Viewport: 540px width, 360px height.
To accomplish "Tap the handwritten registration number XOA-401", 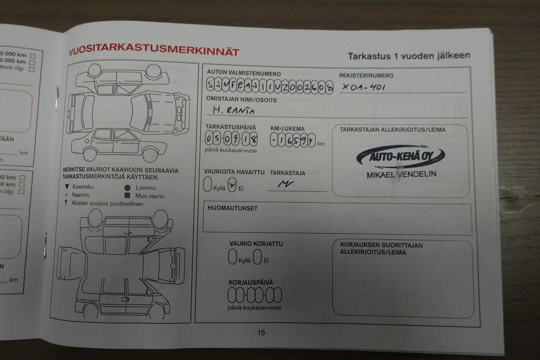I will [363, 87].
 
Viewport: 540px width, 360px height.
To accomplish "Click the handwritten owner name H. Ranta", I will [233, 110].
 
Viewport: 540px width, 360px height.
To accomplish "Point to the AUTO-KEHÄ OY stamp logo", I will [400, 156].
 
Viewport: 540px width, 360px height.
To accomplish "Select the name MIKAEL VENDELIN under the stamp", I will [401, 174].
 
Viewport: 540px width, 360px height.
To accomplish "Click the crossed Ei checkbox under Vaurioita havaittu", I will [232, 185].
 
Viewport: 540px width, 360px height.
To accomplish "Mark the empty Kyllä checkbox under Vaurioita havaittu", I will [207, 184].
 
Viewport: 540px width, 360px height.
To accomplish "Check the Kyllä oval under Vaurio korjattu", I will [232, 257].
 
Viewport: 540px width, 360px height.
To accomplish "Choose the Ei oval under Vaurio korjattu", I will [257, 257].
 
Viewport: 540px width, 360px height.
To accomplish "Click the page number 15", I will [261, 332].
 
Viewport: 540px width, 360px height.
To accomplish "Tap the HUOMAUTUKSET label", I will [232, 208].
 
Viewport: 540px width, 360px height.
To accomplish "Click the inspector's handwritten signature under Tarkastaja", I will [286, 184].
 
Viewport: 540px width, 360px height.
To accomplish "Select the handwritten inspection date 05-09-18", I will [231, 139].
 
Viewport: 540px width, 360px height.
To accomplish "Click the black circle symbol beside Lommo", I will [127, 188].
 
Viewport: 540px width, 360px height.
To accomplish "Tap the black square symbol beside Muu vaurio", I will [127, 196].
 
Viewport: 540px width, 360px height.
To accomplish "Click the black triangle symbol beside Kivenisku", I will [67, 187].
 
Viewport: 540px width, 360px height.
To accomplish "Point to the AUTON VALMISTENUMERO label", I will [244, 73].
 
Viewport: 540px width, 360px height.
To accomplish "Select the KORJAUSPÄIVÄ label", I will [251, 283].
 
